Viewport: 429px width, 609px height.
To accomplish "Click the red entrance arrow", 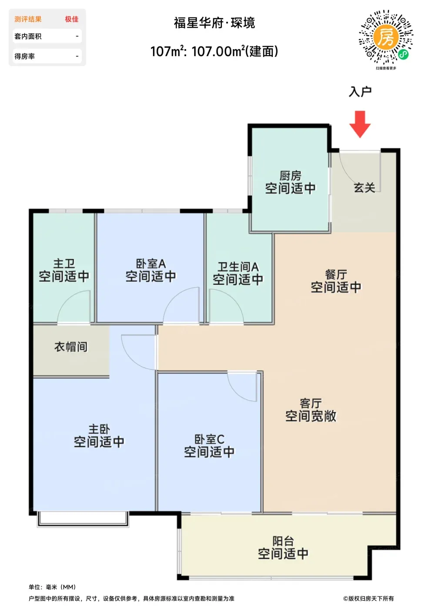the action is coord(360,124).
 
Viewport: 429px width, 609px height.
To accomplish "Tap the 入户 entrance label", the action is coord(360,92).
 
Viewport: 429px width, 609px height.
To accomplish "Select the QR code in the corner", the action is coord(386,37).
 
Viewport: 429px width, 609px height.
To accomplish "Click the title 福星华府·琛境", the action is coord(214,23).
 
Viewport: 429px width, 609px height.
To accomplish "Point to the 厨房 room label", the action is coord(290,176).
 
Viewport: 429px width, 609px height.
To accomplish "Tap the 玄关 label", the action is coord(364,187).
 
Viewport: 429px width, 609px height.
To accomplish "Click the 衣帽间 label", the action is coord(71,347).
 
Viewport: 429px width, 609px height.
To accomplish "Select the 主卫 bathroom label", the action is coord(64,264).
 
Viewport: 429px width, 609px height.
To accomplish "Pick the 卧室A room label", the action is coord(151,264).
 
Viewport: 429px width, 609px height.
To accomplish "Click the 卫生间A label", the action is coord(238,267).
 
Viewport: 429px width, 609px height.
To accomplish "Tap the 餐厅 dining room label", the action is coord(336,274).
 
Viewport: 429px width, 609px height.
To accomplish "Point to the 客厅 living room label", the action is coord(311,403).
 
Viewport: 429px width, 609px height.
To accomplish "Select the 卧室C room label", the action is coord(209,439).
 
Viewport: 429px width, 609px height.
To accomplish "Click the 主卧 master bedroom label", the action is coord(99,429).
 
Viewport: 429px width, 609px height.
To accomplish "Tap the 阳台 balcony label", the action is coord(283,541).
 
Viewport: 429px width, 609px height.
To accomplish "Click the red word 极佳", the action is coord(72,19).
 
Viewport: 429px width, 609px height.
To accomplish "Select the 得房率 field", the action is coord(47,56).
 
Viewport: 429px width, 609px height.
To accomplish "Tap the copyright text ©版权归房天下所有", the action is coord(369,598).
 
